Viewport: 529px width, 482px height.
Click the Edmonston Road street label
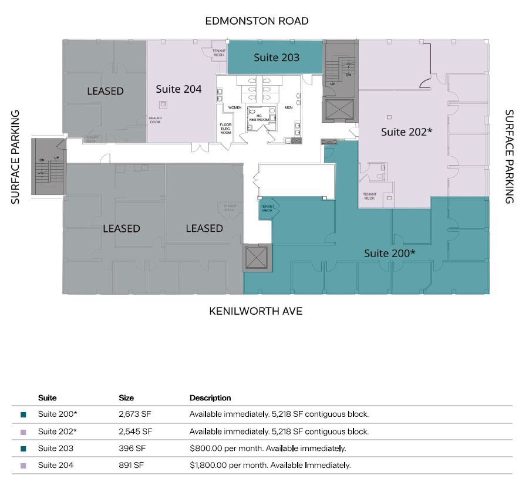pyautogui.click(x=257, y=21)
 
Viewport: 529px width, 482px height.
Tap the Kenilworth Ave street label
pyautogui.click(x=255, y=311)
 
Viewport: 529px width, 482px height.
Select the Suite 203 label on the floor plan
pyautogui.click(x=276, y=58)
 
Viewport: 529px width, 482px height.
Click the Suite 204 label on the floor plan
pyautogui.click(x=178, y=89)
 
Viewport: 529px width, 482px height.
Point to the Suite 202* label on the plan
pyautogui.click(x=406, y=132)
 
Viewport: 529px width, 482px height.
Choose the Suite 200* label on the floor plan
pyautogui.click(x=389, y=253)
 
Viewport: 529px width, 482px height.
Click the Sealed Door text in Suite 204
pyautogui.click(x=155, y=120)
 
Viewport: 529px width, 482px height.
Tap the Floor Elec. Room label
pyautogui.click(x=226, y=129)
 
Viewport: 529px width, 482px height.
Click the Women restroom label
pyautogui.click(x=235, y=107)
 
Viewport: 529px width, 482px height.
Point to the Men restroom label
pyautogui.click(x=288, y=107)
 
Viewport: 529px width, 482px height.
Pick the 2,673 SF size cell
pyautogui.click(x=135, y=414)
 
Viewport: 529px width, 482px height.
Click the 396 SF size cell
pyautogui.click(x=132, y=449)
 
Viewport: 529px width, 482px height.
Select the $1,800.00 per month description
pyautogui.click(x=269, y=466)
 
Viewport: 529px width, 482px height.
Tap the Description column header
pyautogui.click(x=210, y=397)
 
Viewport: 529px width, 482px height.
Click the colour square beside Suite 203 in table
pyautogui.click(x=23, y=449)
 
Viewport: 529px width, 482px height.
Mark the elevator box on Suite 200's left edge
pyautogui.click(x=257, y=259)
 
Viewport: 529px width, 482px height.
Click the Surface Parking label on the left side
pyautogui.click(x=16, y=157)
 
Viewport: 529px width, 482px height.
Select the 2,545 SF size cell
pyautogui.click(x=135, y=432)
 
